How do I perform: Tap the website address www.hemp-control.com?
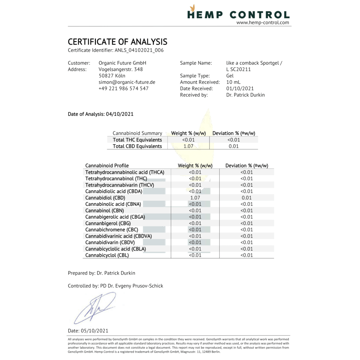(263, 23)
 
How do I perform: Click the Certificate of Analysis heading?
(117, 42)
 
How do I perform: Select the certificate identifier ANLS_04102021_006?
(139, 50)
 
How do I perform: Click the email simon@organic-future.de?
(127, 82)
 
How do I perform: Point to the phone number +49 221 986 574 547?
(123, 88)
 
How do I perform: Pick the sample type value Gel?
(230, 76)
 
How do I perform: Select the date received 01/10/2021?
(240, 88)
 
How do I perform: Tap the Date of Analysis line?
(101, 114)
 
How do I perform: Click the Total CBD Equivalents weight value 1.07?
(188, 146)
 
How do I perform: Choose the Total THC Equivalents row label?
(137, 140)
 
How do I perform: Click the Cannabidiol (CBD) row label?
(105, 198)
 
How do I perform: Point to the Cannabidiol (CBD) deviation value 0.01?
(246, 198)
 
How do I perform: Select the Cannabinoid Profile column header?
(107, 166)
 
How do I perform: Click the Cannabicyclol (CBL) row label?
(107, 255)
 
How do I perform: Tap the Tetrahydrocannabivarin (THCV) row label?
(120, 185)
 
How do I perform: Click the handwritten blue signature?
(94, 308)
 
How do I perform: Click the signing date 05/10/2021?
(95, 330)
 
